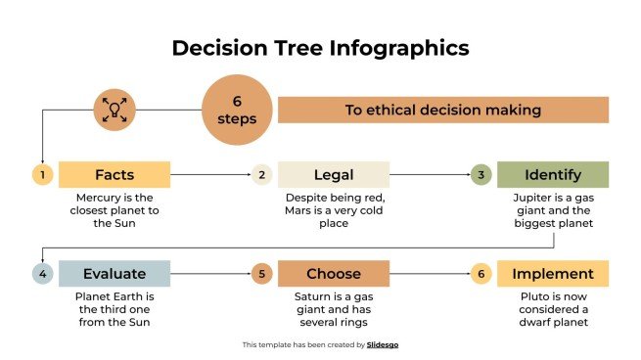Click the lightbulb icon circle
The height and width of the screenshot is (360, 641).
click(x=114, y=110)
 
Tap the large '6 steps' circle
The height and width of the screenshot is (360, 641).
click(x=237, y=110)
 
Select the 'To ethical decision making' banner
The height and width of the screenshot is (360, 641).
click(x=442, y=110)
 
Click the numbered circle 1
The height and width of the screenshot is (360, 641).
click(x=41, y=175)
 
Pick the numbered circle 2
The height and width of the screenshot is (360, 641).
click(x=260, y=175)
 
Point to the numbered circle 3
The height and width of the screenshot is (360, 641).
click(x=480, y=175)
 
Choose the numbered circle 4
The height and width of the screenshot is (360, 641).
click(x=41, y=274)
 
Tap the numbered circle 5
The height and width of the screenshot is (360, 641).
click(x=260, y=274)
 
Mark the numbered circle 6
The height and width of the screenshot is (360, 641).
click(x=480, y=274)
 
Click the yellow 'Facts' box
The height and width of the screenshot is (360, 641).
click(x=114, y=175)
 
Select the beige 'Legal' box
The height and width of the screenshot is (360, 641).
click(x=334, y=175)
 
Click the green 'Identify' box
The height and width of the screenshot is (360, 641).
click(x=553, y=175)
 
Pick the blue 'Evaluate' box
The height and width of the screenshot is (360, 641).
click(x=114, y=274)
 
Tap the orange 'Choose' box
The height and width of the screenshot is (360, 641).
click(x=334, y=274)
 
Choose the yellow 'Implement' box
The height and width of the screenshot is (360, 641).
click(x=553, y=274)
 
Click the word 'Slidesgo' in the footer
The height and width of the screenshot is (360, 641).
click(x=383, y=344)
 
